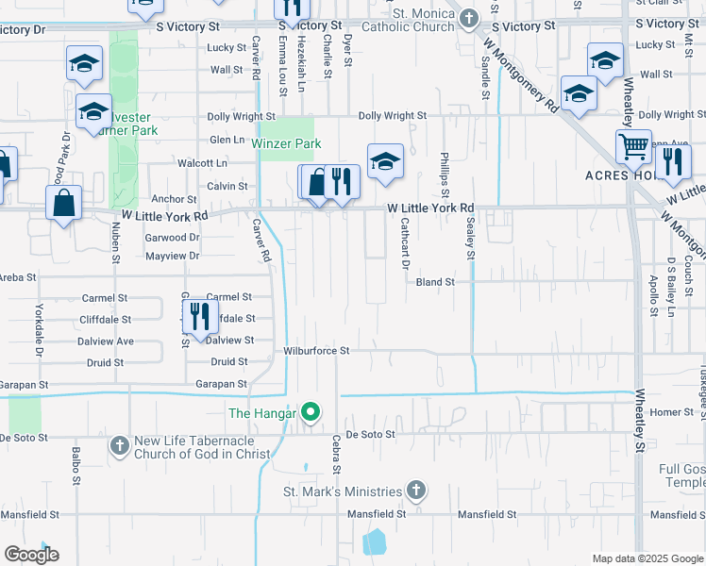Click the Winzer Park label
pos(286,143)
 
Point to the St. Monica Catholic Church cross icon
pos(469,18)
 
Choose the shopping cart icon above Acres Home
pos(634,147)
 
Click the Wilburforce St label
pos(316,351)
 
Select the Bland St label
pos(435,282)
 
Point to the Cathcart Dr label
pos(404,244)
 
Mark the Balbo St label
pos(75,467)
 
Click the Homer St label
pos(671,412)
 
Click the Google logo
pos(31,554)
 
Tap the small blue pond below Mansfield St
pos(374,541)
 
